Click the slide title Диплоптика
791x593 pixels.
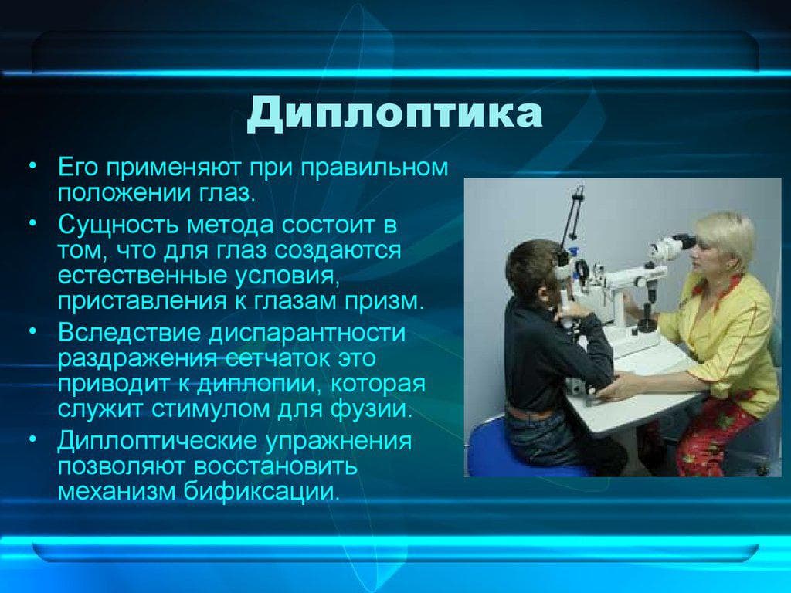coord(395,114)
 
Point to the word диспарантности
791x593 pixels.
coord(307,334)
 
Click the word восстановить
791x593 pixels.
coord(276,466)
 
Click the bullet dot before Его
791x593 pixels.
coord(32,165)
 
